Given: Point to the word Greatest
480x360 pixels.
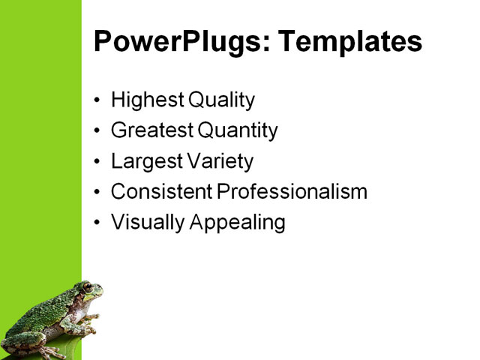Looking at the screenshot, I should click(151, 131).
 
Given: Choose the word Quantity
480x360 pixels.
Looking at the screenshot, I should click(238, 131).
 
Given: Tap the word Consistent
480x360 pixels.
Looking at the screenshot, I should click(161, 192).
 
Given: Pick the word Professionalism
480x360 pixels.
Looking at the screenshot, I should click(292, 192).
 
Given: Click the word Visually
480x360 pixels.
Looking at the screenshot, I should click(145, 223).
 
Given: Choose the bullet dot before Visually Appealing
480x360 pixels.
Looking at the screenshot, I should click(97, 223).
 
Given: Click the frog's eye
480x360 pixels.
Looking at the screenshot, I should click(88, 288).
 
